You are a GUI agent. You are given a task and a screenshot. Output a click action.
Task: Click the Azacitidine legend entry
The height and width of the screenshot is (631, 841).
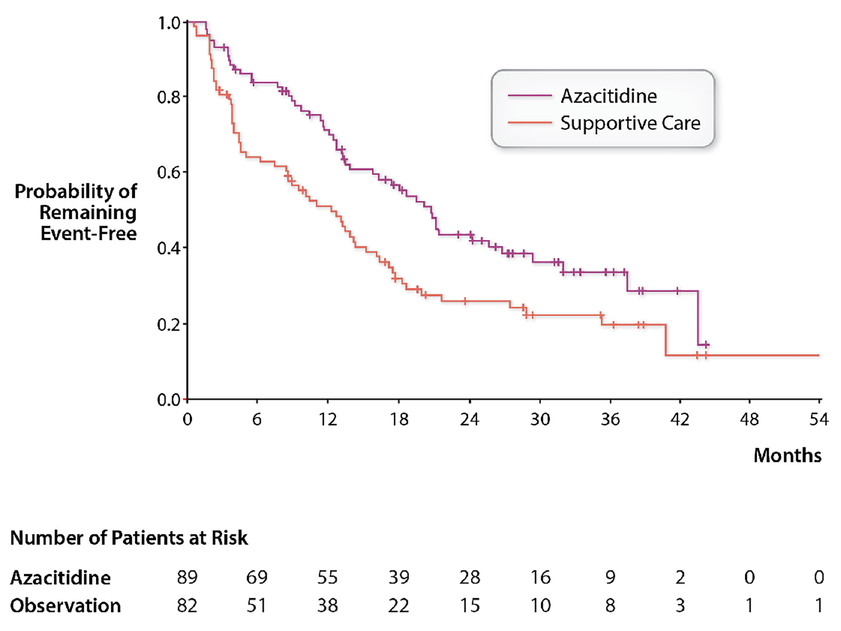point(608,96)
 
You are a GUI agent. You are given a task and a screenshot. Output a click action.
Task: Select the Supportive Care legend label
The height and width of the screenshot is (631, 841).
point(630,123)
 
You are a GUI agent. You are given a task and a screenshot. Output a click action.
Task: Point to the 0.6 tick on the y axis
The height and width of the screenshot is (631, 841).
point(169,172)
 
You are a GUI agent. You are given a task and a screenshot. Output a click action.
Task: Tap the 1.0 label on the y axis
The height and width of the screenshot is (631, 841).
point(169,23)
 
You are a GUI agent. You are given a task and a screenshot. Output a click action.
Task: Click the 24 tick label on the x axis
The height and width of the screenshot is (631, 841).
point(469,419)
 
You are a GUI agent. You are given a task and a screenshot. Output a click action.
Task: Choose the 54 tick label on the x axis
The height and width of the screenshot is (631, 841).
point(819,419)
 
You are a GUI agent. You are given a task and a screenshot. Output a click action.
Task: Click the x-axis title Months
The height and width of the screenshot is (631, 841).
point(787,455)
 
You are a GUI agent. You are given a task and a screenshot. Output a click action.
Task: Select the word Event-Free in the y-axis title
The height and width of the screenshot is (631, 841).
point(88,233)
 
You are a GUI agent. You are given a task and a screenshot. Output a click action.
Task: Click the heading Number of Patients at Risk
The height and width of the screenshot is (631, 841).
point(129,538)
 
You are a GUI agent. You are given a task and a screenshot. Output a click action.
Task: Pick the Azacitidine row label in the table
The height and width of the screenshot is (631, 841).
point(60,577)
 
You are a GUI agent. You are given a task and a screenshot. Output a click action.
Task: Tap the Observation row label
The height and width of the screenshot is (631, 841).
point(65,606)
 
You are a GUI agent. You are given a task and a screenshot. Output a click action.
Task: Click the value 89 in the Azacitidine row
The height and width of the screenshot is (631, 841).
point(187,577)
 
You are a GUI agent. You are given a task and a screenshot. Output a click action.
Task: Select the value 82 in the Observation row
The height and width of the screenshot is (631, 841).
point(187,606)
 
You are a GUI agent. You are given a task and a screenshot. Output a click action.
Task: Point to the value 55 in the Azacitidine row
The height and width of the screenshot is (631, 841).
point(327,577)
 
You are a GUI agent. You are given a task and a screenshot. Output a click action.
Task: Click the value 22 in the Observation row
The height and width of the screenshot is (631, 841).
point(398,606)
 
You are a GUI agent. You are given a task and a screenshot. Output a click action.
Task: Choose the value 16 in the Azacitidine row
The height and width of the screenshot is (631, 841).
point(540,577)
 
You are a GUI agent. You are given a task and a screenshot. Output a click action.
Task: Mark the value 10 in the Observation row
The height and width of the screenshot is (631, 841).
point(540,606)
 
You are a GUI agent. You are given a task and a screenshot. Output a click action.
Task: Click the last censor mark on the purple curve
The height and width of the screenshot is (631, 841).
point(705,345)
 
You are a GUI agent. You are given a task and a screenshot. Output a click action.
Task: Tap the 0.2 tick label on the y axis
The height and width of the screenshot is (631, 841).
point(169,324)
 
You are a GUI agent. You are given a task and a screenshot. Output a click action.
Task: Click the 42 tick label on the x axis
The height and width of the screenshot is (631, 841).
point(680,419)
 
